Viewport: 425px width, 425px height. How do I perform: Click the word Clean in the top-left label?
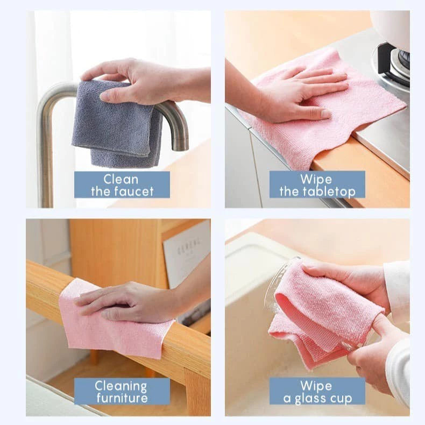(122, 179)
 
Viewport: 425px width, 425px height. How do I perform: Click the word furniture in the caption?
(122, 398)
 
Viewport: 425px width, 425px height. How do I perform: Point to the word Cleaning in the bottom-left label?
(122, 386)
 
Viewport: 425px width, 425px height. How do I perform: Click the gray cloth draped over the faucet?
(116, 126)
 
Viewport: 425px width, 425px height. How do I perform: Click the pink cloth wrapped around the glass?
(323, 317)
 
